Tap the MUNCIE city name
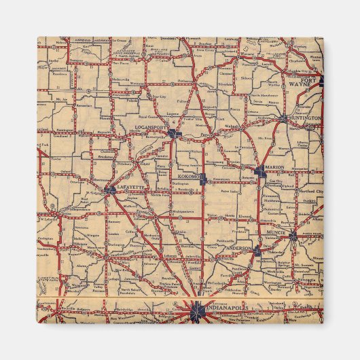pyautogui.click(x=277, y=232)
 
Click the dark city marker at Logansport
pyautogui.click(x=175, y=134)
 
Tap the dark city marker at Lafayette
pyautogui.click(x=111, y=190)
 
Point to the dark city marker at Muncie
pyautogui.click(x=293, y=236)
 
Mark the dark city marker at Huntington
pyautogui.click(x=283, y=119)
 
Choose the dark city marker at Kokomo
pyautogui.click(x=202, y=177)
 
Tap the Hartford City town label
pyautogui.click(x=310, y=192)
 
